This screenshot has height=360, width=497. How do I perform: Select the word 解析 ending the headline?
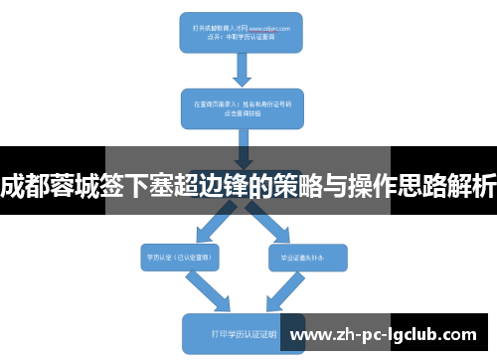tap(472, 185)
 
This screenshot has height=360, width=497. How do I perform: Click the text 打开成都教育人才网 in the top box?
tap(210, 30)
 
